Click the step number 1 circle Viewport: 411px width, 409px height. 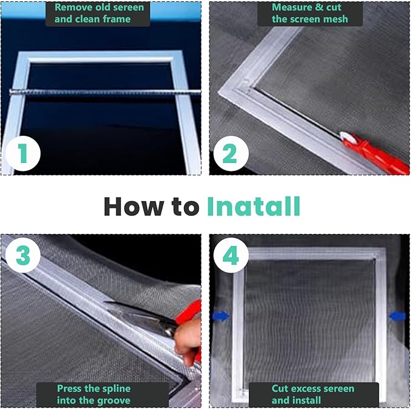point(23,153)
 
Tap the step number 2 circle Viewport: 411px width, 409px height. point(231,153)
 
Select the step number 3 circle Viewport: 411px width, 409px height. point(23,255)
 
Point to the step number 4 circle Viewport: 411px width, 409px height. point(231,255)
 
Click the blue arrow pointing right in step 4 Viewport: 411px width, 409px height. point(221,316)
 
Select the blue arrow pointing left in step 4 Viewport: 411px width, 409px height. point(398,316)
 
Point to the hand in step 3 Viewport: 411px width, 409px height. point(188,341)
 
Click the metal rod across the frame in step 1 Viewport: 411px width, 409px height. point(105,92)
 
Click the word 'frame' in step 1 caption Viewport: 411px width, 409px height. point(117,19)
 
